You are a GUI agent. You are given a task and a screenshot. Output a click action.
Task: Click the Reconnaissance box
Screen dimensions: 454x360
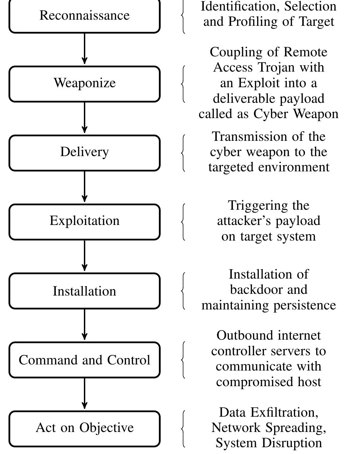click(84, 16)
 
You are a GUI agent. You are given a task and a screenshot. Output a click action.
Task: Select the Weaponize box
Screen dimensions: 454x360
click(84, 84)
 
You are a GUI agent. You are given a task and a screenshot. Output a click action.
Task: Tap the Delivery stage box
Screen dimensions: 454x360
click(84, 153)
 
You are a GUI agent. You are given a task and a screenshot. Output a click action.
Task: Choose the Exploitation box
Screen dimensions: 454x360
click(84, 222)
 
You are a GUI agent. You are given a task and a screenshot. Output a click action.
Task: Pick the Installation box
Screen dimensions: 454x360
click(84, 291)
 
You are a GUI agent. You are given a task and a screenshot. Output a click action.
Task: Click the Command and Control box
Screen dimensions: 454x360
click(84, 360)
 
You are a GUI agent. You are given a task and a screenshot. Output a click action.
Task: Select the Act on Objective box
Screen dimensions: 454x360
click(84, 428)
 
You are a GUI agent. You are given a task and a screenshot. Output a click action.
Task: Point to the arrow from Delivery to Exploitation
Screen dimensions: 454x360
click(85, 187)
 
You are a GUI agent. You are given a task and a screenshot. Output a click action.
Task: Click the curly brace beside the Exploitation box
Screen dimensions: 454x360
click(183, 222)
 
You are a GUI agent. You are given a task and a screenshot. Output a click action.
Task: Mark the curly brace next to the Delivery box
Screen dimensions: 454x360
click(183, 153)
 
